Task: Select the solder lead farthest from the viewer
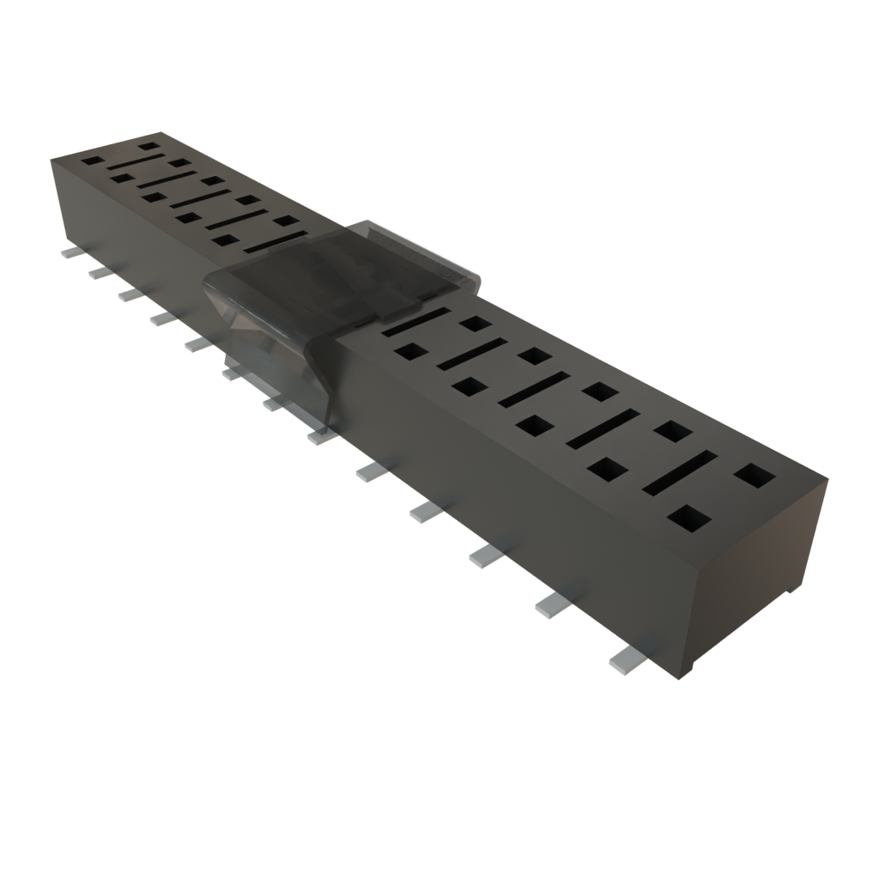click(69, 254)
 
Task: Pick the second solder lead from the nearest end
click(554, 605)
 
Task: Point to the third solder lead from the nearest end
click(486, 556)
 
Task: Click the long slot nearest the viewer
click(680, 471)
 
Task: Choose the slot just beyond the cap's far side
click(274, 243)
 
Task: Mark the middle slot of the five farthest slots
click(199, 201)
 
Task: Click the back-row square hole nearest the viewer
click(755, 475)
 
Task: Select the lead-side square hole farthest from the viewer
click(91, 161)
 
